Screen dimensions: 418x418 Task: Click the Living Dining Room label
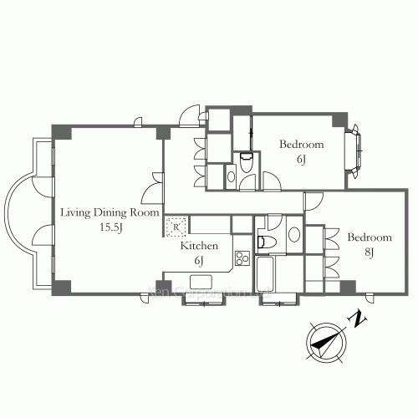point(109,212)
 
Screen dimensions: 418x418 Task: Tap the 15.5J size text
point(110,227)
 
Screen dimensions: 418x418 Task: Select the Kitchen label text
point(200,246)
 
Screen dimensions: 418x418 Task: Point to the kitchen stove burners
point(242,258)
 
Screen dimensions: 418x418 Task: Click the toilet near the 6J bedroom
point(245,163)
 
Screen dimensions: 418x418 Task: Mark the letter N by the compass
point(357,319)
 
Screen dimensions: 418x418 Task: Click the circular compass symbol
point(323,342)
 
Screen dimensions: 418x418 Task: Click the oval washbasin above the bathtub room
point(293,235)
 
